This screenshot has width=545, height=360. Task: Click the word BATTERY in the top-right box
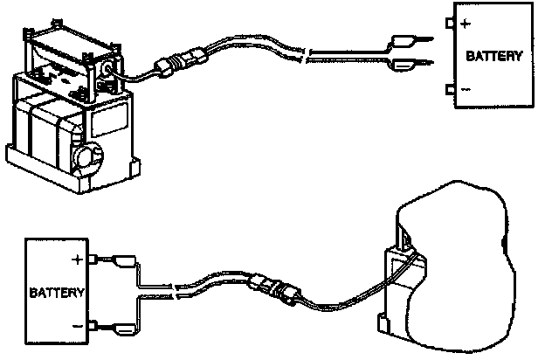click(x=494, y=57)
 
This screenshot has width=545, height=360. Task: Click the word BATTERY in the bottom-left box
click(x=57, y=291)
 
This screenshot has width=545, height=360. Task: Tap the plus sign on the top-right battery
click(x=465, y=24)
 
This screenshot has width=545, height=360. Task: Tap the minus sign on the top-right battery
click(x=465, y=90)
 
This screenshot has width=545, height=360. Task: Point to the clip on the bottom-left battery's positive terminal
click(x=121, y=260)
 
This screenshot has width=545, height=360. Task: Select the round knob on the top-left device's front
click(x=86, y=156)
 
